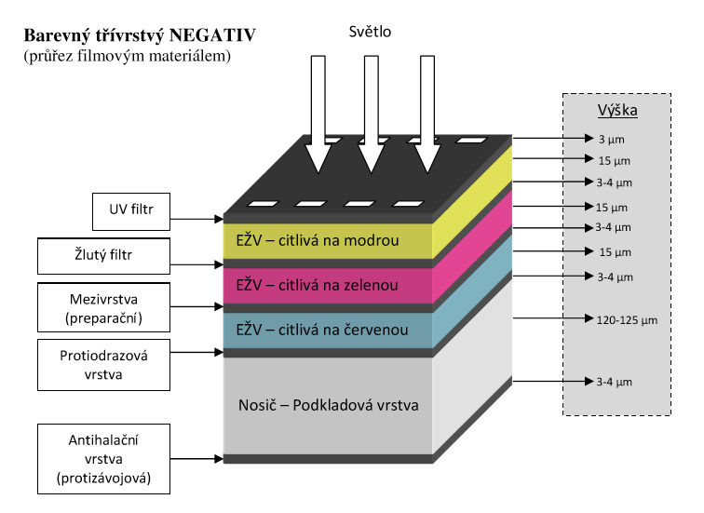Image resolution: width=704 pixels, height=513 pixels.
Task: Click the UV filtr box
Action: (130, 210)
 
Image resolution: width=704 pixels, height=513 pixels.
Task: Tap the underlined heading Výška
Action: (616, 112)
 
